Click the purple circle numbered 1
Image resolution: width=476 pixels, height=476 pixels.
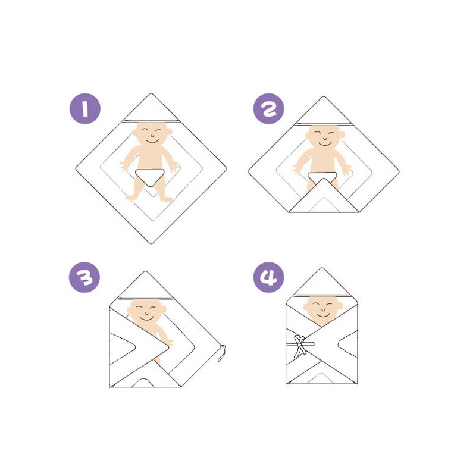tap(84, 109)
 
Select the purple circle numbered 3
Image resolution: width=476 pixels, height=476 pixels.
tap(84, 277)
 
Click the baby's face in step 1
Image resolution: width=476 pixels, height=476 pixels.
tap(151, 134)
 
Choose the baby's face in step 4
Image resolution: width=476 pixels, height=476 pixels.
tap(323, 309)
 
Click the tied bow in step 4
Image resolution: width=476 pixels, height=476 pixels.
tap(301, 344)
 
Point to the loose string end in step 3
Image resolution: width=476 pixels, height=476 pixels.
tap(221, 355)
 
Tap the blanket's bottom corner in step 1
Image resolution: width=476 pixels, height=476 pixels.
tap(151, 243)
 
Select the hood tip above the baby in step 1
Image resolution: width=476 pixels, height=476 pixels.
tap(151, 95)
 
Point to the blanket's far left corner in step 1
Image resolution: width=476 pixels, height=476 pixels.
tap(77, 170)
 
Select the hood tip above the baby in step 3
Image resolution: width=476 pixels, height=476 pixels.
tap(145, 273)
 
